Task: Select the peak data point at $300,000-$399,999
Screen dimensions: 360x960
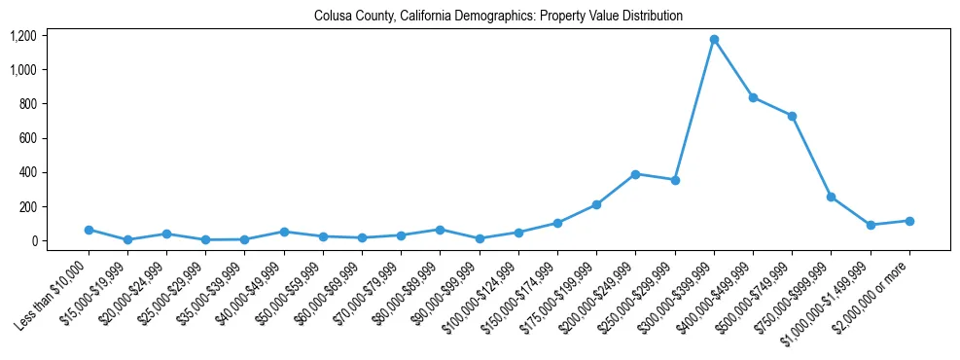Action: pos(714,40)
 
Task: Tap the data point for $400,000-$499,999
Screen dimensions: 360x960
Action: pos(753,97)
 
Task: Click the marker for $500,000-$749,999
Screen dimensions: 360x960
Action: pos(792,116)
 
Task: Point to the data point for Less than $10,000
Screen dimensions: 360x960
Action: pos(89,230)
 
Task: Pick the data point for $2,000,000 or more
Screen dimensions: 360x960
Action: pos(909,221)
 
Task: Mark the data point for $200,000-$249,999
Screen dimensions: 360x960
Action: pos(635,174)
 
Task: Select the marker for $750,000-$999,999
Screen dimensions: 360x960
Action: pos(832,197)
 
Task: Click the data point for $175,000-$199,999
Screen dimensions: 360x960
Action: pos(596,204)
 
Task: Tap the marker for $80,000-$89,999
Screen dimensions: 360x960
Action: pos(440,230)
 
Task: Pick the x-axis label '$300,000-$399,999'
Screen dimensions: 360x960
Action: pos(679,297)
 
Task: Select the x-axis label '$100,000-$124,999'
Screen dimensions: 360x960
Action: pos(483,297)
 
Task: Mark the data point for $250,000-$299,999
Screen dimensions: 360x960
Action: pos(675,180)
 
